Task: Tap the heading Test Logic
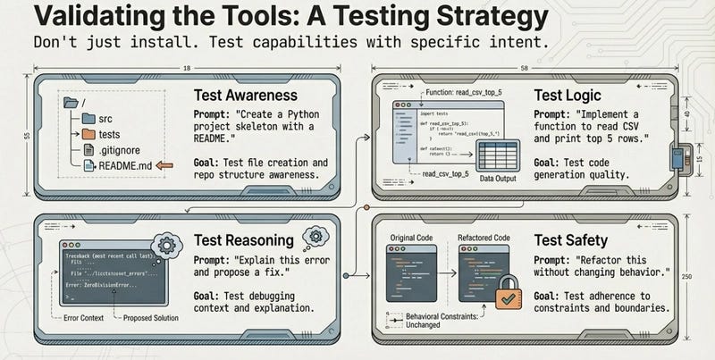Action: pyautogui.click(x=569, y=95)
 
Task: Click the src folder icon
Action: pyautogui.click(x=88, y=116)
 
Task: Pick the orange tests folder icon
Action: pyautogui.click(x=88, y=132)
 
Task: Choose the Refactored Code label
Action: pyautogui.click(x=486, y=238)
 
